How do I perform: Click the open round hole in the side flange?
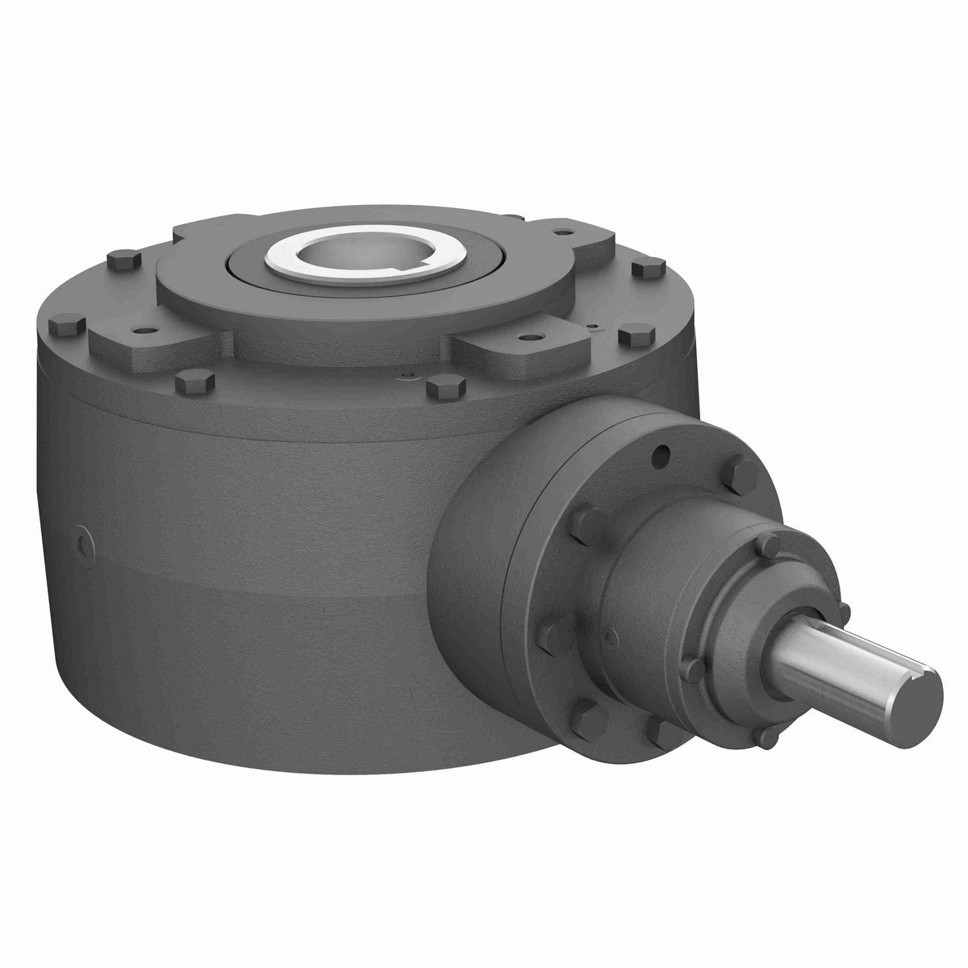[x=663, y=457]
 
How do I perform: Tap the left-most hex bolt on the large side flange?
[x=586, y=517]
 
